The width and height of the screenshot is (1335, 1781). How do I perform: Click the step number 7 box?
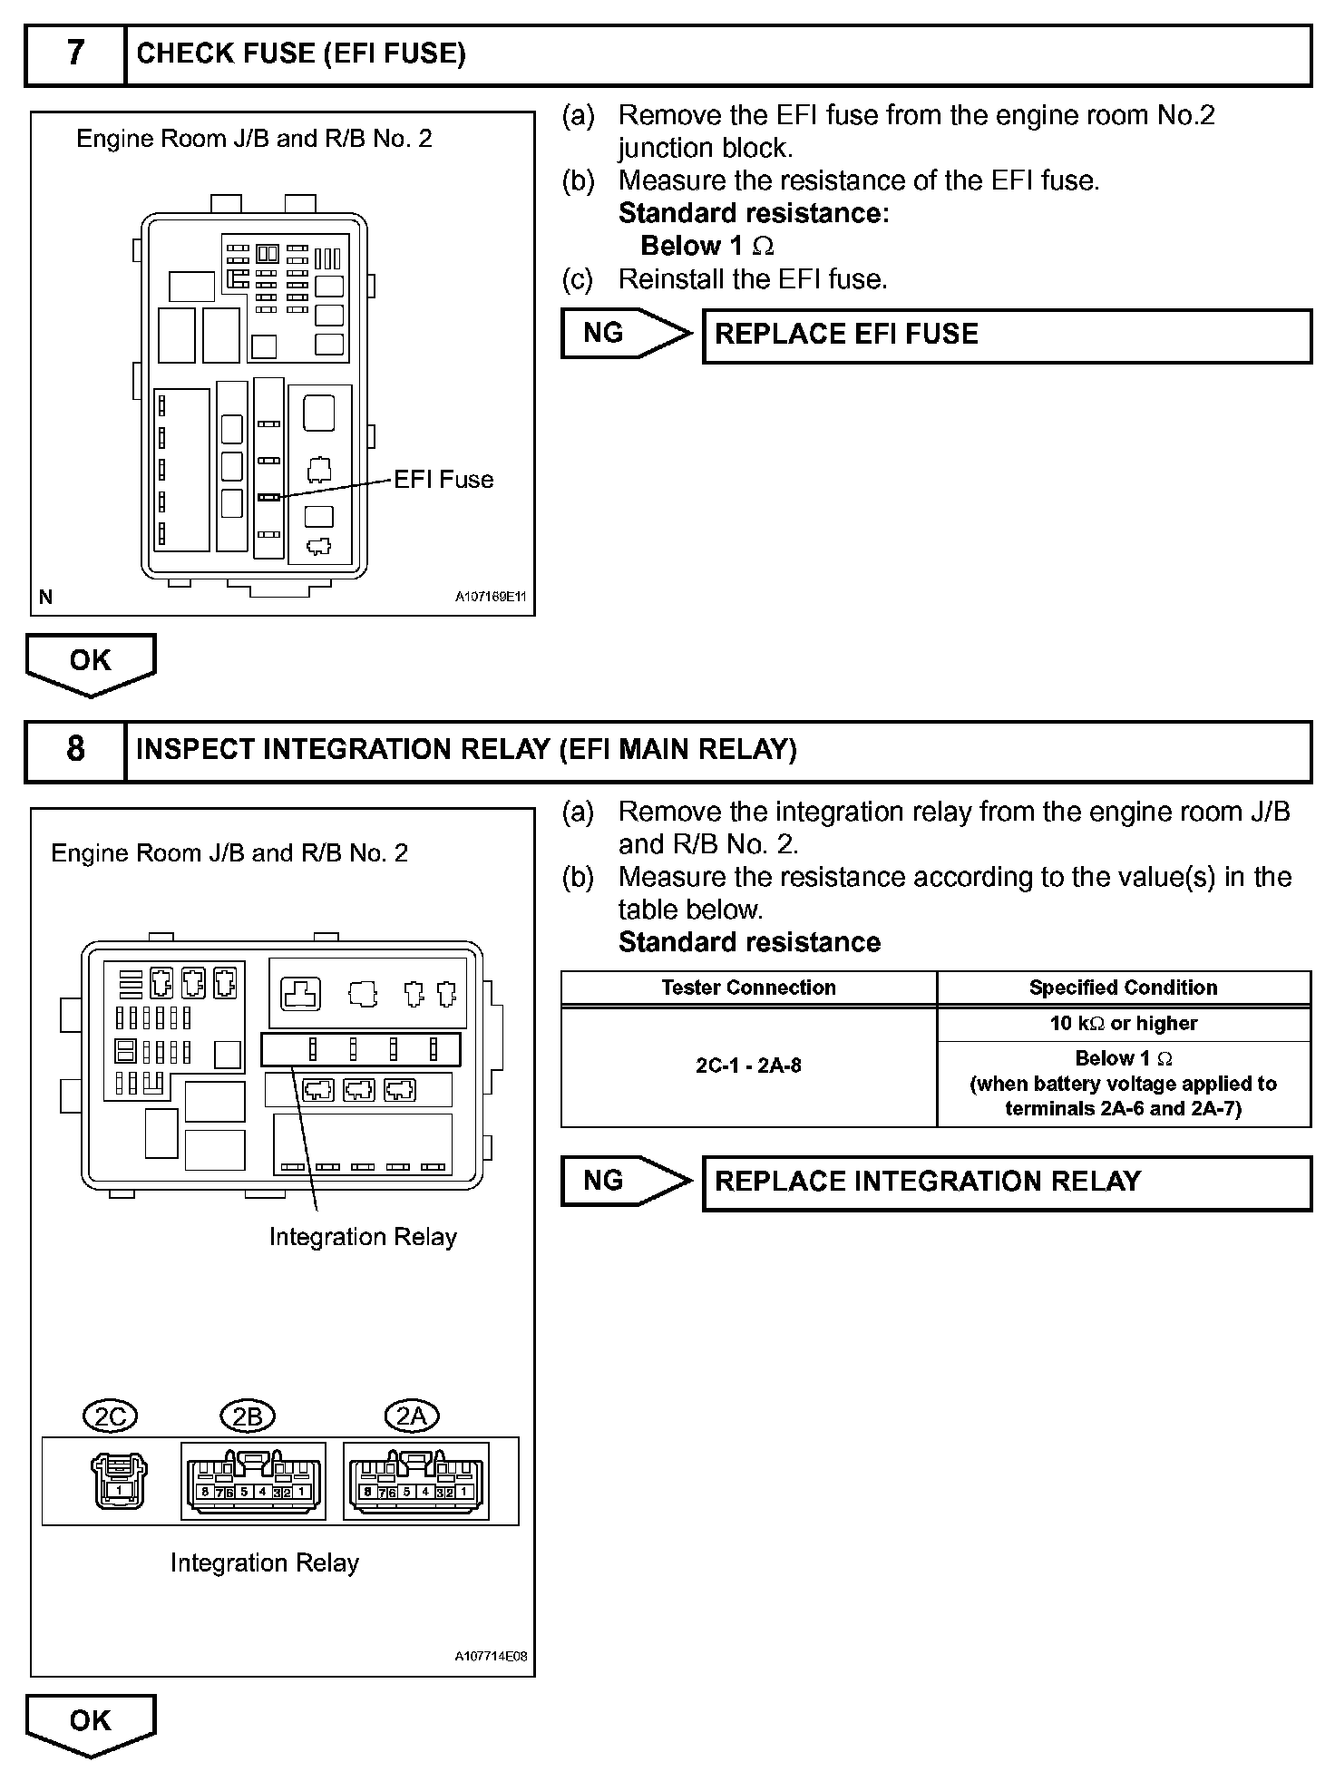75,54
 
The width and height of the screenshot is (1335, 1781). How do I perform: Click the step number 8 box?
75,750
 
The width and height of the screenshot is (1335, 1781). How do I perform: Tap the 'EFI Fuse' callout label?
443,480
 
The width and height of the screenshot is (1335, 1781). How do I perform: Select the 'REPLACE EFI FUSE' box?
1007,336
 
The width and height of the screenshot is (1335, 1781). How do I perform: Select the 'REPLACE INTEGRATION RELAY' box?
1007,1182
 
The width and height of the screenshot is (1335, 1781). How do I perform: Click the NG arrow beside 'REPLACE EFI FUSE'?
624,334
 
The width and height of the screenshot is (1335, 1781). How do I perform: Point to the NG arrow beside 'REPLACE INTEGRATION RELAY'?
624,1181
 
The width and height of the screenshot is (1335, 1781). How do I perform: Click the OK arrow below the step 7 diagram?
91,663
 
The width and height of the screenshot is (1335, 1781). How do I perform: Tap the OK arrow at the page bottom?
91,1724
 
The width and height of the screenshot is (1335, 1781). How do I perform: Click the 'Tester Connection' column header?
748,988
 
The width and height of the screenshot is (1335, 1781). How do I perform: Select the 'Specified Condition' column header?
1123,988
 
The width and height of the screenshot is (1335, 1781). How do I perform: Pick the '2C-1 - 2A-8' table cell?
748,1066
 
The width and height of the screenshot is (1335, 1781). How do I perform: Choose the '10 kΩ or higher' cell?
1123,1024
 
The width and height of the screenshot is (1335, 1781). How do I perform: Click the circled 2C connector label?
110,1416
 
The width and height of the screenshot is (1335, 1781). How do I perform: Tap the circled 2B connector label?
248,1416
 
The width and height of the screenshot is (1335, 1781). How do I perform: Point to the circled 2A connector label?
412,1416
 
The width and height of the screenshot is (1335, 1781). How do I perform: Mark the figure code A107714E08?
491,1657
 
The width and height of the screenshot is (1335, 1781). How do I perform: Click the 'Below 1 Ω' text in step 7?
707,246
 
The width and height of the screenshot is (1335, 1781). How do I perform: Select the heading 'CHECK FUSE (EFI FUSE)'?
301,54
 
